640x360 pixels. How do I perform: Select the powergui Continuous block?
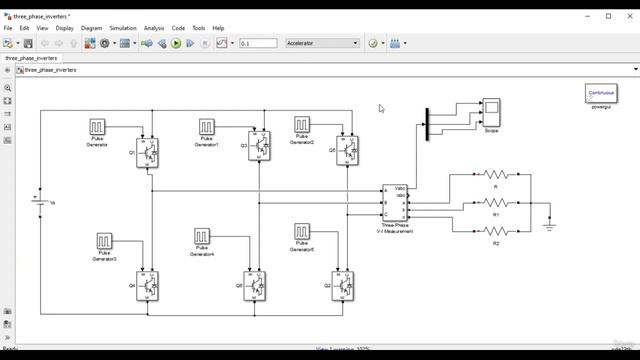(x=600, y=93)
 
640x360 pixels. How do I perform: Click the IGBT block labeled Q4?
(x=148, y=285)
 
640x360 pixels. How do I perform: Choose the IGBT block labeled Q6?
(x=257, y=286)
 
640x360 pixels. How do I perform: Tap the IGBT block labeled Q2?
(x=346, y=285)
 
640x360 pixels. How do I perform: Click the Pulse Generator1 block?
(x=206, y=128)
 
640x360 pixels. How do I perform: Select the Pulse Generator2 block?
(x=302, y=125)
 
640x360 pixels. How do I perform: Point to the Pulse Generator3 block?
(x=105, y=242)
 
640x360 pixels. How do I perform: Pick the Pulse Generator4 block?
(x=202, y=237)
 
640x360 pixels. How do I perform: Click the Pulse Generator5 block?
(x=302, y=233)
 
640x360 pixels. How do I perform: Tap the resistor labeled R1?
(x=496, y=204)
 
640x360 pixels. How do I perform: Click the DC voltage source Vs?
(x=40, y=203)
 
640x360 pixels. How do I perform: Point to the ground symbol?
(x=548, y=225)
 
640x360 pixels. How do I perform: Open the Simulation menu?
(x=122, y=28)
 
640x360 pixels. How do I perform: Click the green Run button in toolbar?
(x=176, y=44)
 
